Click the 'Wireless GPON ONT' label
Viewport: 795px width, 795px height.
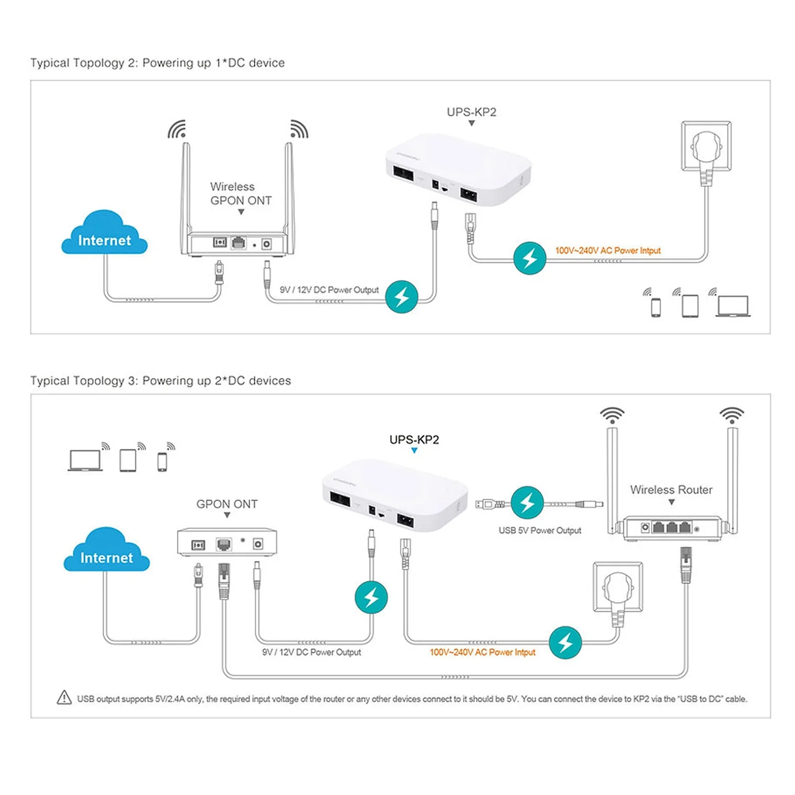(241, 194)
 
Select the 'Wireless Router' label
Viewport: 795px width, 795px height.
(671, 490)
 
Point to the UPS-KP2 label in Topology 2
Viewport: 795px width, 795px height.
(471, 112)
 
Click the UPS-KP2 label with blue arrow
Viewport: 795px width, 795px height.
(414, 440)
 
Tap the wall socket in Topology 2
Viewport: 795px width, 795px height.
(706, 147)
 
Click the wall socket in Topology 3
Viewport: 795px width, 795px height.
(618, 588)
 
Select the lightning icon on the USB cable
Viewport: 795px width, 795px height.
(527, 502)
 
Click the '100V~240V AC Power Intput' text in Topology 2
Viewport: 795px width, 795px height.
(608, 251)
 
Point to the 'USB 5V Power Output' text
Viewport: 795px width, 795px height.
(540, 531)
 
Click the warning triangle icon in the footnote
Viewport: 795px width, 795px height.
(64, 698)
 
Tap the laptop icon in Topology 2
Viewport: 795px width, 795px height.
(732, 306)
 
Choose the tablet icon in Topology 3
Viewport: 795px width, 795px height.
(128, 460)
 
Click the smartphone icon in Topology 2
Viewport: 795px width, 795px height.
(656, 307)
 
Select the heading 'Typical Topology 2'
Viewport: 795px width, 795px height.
(157, 63)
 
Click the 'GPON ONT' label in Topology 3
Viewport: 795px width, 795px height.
(227, 504)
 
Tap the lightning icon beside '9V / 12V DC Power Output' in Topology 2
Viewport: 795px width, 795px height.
(402, 297)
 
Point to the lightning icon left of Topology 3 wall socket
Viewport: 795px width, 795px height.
(566, 642)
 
